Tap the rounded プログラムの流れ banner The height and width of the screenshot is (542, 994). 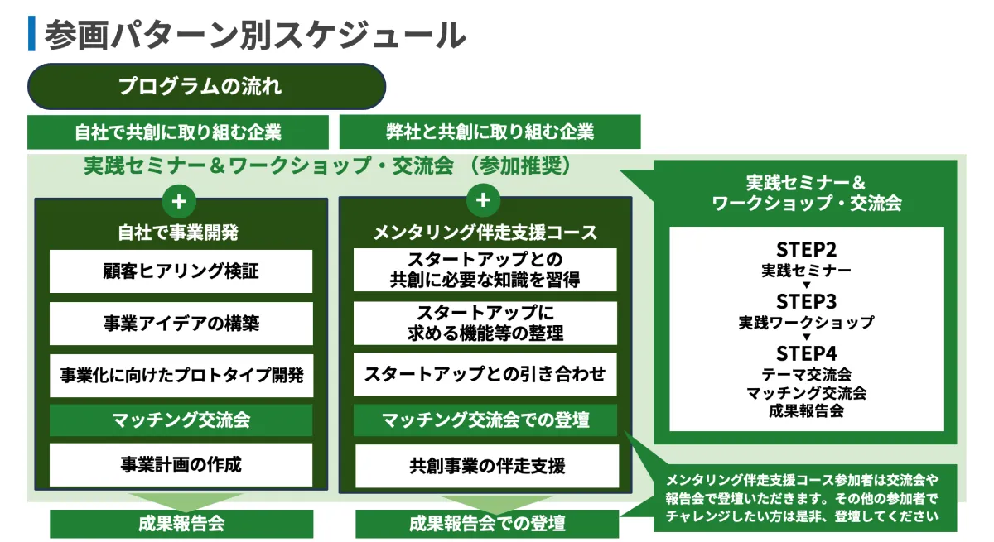coord(207,87)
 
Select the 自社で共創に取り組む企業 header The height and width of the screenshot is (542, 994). coord(178,132)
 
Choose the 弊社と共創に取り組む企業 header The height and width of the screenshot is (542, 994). coord(490,132)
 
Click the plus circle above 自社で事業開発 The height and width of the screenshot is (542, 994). coord(180,200)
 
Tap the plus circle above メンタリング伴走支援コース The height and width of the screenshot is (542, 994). coord(484,200)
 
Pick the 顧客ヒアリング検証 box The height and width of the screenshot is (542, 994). coord(181,271)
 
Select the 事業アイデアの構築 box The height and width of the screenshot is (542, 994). coord(181,324)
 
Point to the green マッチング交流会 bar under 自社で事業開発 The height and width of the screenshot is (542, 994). coord(181,420)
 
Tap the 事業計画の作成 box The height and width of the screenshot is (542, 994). coord(181,465)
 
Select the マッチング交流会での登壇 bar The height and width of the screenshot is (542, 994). coord(485,420)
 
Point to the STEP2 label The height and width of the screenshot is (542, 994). coord(806,250)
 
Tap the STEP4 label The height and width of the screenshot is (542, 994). coord(806,354)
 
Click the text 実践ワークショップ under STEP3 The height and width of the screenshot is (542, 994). coord(806,323)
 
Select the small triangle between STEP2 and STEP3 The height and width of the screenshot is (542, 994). coord(806,285)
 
